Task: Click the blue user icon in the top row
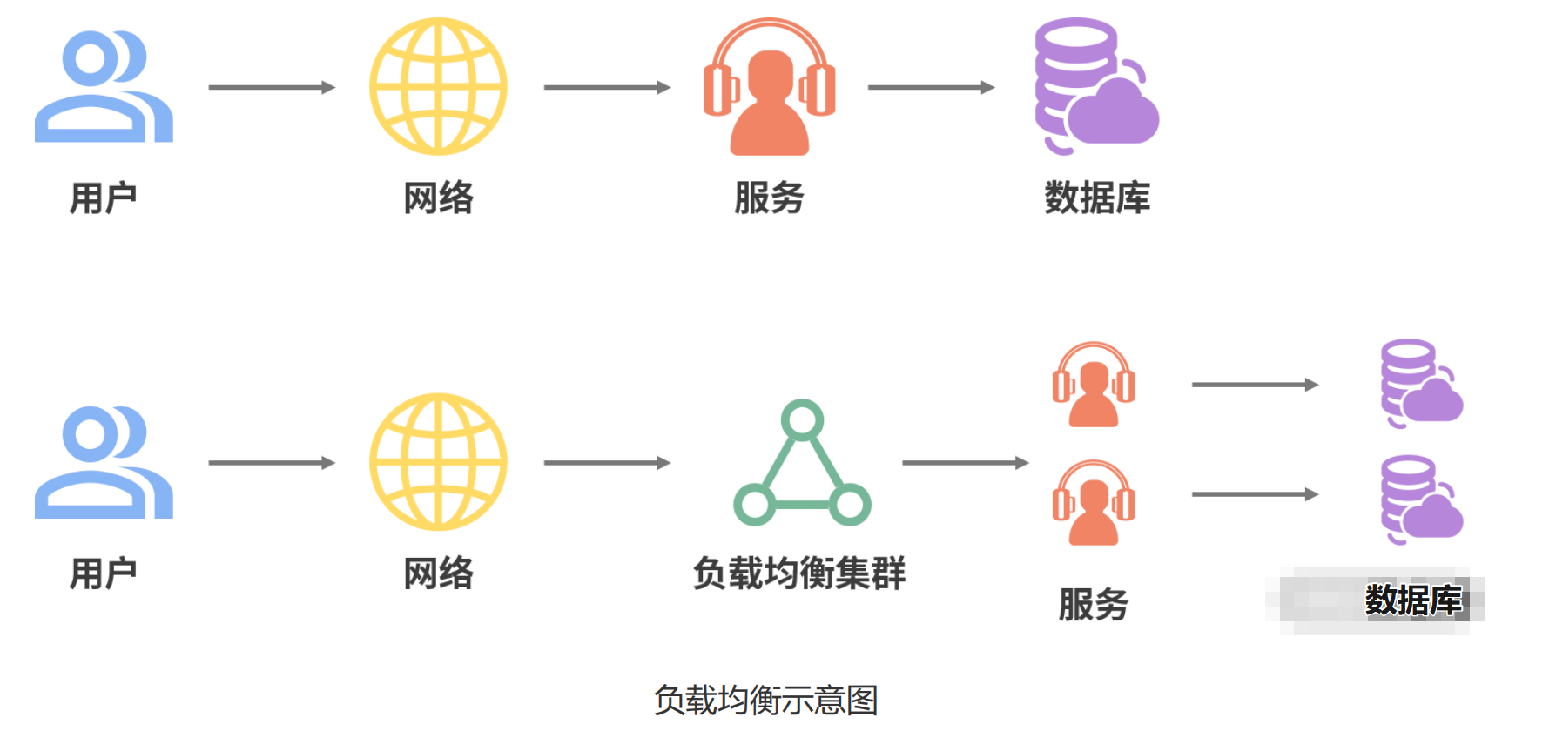(x=103, y=87)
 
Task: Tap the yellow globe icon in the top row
(x=438, y=87)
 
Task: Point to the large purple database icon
(x=1095, y=87)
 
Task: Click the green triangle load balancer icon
(x=802, y=464)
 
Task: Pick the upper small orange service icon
(x=1094, y=385)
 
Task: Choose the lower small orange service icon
(x=1094, y=503)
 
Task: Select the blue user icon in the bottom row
(x=103, y=463)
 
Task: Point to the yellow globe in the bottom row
(x=438, y=462)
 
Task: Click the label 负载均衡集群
(x=799, y=573)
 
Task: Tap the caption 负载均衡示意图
(x=765, y=701)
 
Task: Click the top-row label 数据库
(x=1097, y=198)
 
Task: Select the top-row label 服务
(x=769, y=198)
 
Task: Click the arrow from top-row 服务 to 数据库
(x=931, y=87)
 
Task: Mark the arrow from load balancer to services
(x=965, y=463)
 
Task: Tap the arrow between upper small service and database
(x=1255, y=385)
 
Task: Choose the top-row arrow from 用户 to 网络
(x=272, y=87)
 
